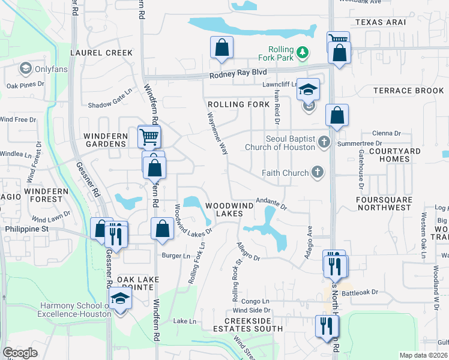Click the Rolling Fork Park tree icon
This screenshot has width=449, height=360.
point(304,52)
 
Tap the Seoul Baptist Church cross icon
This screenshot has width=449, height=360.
point(324,142)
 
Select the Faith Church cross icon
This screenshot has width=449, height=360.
point(318,173)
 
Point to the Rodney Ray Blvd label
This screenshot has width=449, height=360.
point(238,74)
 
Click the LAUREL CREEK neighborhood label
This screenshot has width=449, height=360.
point(101,53)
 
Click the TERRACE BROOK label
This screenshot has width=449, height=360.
point(408,91)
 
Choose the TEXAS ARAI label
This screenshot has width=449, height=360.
point(380,22)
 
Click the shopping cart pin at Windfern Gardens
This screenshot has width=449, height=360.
point(148,136)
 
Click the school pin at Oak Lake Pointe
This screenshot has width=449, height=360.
point(120,298)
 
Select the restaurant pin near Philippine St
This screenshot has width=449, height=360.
point(116,233)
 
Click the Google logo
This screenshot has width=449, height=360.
point(20,353)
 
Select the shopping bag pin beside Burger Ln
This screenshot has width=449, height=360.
point(163,229)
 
